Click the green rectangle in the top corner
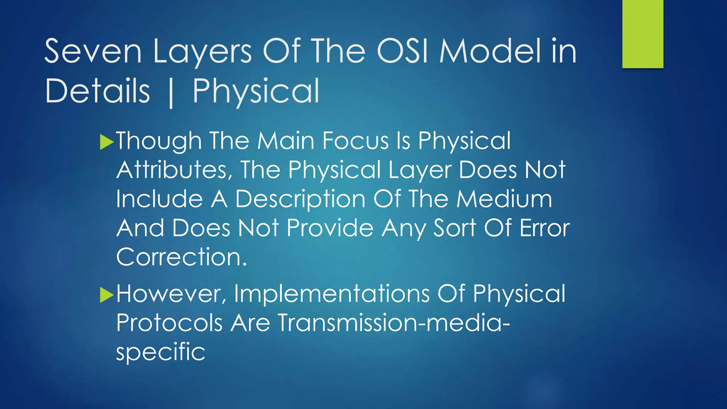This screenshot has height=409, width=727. pos(643,34)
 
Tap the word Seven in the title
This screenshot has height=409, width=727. pos(93,51)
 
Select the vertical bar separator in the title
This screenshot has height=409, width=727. pos(171,93)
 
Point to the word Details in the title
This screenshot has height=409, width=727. pos(98,91)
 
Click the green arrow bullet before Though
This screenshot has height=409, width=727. pos(106,142)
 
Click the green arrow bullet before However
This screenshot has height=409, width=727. pos(106,295)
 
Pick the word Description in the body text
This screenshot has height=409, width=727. pos(300,199)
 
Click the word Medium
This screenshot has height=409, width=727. pos(504,199)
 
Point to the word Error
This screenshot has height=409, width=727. pos(545,228)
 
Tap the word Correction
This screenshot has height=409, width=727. pos(181,257)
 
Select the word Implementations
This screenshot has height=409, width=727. pos(332,294)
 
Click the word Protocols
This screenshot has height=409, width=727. pos(169,323)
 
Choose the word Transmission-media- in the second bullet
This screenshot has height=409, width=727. pos(393,323)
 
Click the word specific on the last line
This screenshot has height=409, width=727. pos(160,352)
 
